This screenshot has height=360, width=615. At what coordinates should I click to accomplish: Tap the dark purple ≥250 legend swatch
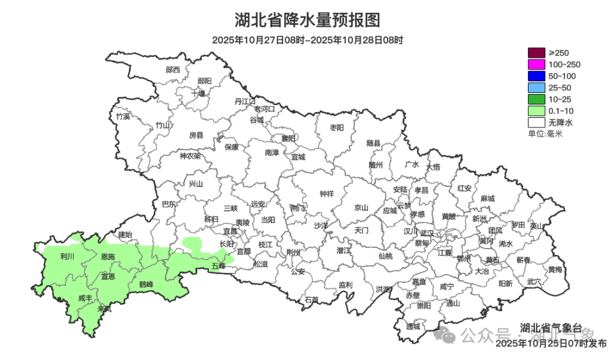pyautogui.click(x=536, y=53)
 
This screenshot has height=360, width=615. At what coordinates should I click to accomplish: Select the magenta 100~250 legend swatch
pyautogui.click(x=536, y=64)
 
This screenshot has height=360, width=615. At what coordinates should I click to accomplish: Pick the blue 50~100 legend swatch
pyautogui.click(x=536, y=76)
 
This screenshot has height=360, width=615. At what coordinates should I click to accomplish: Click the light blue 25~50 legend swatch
pyautogui.click(x=536, y=87)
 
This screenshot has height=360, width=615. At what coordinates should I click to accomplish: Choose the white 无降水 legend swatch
pyautogui.click(x=536, y=122)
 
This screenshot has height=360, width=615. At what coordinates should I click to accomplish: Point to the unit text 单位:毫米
pyautogui.click(x=545, y=133)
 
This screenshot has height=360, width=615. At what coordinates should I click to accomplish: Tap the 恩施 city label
pyautogui.click(x=108, y=256)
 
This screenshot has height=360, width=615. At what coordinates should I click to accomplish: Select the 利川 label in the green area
pyautogui.click(x=67, y=256)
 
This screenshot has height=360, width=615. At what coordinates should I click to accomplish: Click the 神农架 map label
pyautogui.click(x=190, y=156)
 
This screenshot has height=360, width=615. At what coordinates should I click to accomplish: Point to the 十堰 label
pyautogui.click(x=199, y=94)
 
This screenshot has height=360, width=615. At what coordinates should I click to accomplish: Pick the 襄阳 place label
pyautogui.click(x=289, y=138)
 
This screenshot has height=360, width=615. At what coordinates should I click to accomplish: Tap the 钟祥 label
pyautogui.click(x=327, y=194)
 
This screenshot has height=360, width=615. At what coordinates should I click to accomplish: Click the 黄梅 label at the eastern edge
pyautogui.click(x=555, y=269)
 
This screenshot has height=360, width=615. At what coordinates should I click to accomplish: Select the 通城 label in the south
pyautogui.click(x=413, y=326)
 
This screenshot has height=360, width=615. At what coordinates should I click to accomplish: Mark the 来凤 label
pyautogui.click(x=104, y=309)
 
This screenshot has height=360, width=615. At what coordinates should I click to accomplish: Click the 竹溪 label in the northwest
pyautogui.click(x=123, y=117)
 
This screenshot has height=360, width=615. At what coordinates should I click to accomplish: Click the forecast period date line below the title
pyautogui.click(x=307, y=40)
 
